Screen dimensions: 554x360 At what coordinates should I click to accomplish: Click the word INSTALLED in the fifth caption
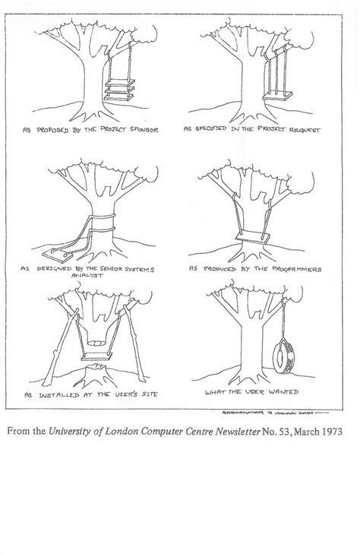pyautogui.click(x=75, y=395)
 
